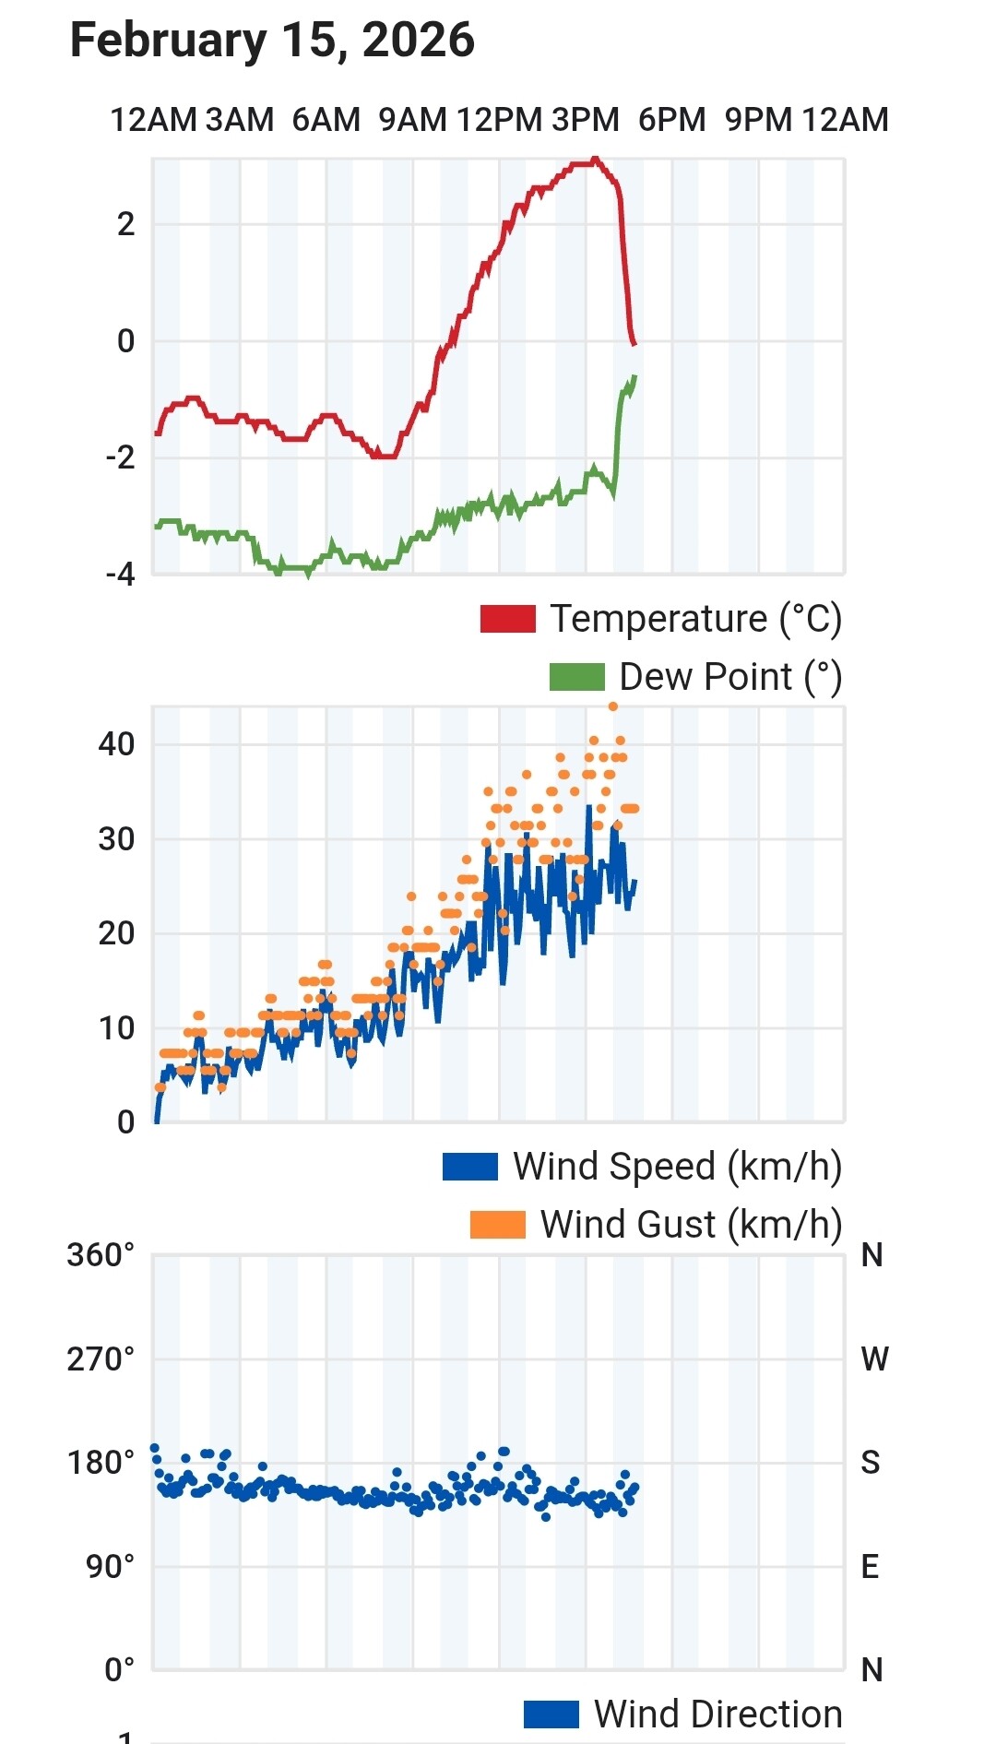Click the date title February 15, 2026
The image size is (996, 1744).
click(272, 41)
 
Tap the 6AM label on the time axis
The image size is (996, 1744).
click(326, 120)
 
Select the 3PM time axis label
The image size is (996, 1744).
click(586, 120)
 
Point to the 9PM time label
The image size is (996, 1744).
click(758, 120)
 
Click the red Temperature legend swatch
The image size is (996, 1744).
click(507, 619)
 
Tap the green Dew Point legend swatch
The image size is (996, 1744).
click(576, 677)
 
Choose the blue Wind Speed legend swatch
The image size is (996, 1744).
click(469, 1167)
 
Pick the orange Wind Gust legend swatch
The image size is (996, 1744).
click(497, 1225)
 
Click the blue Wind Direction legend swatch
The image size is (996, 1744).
click(551, 1714)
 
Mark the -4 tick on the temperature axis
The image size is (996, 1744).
click(121, 575)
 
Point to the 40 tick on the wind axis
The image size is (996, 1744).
click(117, 744)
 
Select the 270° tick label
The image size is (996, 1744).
click(101, 1359)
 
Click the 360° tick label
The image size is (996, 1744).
click(101, 1255)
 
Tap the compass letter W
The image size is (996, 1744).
click(874, 1359)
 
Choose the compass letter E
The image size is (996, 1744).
click(870, 1567)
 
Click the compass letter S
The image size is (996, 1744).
click(871, 1463)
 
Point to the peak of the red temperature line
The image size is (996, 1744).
click(595, 160)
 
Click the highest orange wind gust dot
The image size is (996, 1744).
click(613, 707)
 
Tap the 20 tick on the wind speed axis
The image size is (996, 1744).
click(117, 933)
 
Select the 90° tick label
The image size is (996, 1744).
click(110, 1567)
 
